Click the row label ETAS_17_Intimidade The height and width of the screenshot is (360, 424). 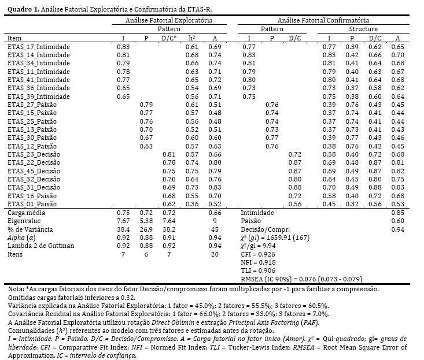pyautogui.click(x=38, y=46)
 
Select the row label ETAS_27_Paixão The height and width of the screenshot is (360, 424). pyautogui.click(x=34, y=105)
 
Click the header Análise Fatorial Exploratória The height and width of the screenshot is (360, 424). pyautogui.click(x=168, y=20)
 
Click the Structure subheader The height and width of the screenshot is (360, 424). pyautogui.click(x=363, y=29)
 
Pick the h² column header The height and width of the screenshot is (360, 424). pyautogui.click(x=192, y=38)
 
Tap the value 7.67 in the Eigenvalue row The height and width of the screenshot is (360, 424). pyautogui.click(x=122, y=221)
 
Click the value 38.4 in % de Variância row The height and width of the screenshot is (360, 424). pyautogui.click(x=122, y=229)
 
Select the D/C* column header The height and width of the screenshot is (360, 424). pyautogui.click(x=169, y=38)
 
